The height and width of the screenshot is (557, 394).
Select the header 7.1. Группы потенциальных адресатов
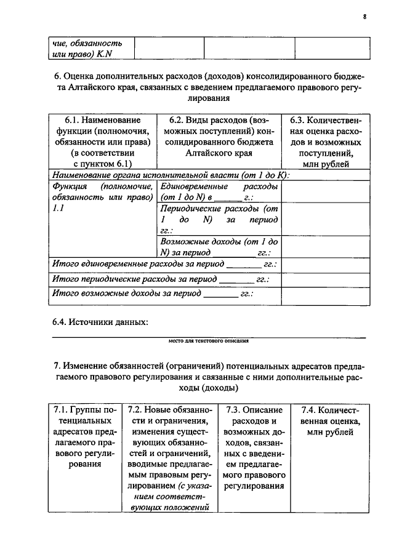(x=84, y=437)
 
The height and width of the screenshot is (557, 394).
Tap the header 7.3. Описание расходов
(x=254, y=448)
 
